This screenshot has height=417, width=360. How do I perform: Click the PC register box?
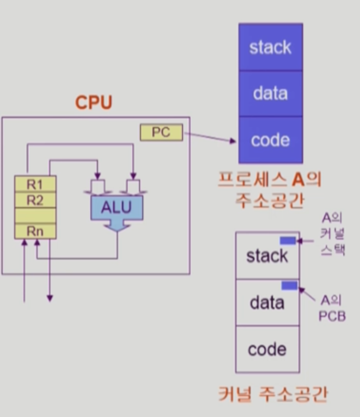coord(161,132)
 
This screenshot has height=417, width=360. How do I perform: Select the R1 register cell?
coord(35,184)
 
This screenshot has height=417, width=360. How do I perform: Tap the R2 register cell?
coord(35,200)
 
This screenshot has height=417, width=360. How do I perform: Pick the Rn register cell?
coord(35,231)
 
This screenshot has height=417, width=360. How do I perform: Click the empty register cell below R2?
coord(35,215)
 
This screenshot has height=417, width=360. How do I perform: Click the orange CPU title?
coord(94,102)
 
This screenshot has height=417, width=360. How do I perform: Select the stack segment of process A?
coord(271,47)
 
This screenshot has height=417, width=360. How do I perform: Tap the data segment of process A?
coord(271,93)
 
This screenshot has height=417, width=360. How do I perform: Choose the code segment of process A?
coord(271,140)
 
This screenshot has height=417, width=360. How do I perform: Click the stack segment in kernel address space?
coord(267,255)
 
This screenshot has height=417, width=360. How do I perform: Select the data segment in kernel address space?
coord(267,302)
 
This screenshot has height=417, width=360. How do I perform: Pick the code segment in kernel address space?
coord(267,349)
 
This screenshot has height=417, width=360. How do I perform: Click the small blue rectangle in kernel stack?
coord(288,241)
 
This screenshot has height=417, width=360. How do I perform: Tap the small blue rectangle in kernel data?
coord(289,285)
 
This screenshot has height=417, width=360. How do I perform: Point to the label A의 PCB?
coord(332,309)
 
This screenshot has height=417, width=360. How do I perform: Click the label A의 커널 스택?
coord(332,234)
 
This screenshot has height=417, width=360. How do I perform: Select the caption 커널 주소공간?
coord(273,394)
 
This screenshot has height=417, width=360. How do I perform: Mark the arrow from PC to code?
coord(210,137)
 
